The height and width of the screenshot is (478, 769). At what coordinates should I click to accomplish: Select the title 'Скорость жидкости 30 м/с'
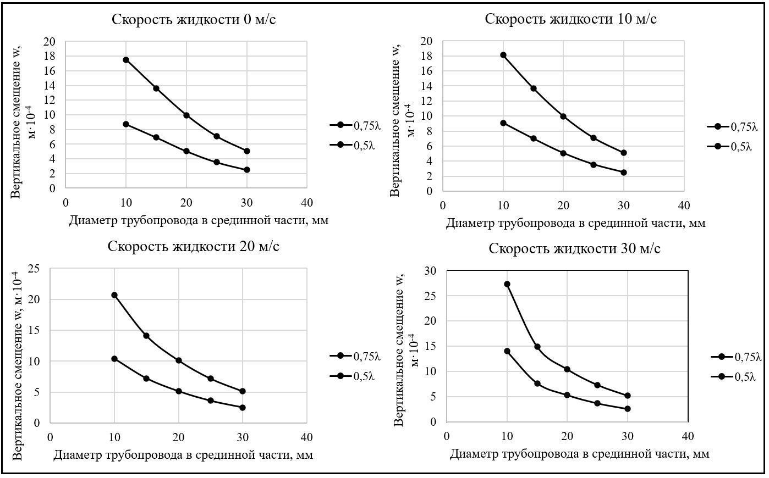[575, 248]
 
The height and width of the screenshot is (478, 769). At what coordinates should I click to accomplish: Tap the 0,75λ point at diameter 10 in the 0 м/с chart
[126, 60]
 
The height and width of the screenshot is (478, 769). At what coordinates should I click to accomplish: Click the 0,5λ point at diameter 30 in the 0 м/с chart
[247, 170]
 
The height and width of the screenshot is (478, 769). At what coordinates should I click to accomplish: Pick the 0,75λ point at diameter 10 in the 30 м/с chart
[507, 284]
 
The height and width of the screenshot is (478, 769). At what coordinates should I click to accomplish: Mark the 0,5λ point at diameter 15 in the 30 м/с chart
[537, 383]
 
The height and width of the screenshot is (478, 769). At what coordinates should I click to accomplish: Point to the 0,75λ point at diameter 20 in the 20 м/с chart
[179, 360]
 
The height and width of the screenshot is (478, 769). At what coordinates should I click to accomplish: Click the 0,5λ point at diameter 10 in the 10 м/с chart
[503, 123]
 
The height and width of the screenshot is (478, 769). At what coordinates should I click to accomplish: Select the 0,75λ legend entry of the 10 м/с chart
[732, 127]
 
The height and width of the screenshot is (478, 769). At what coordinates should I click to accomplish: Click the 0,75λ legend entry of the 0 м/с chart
[355, 125]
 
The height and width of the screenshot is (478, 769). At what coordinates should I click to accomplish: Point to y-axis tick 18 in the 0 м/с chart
[50, 56]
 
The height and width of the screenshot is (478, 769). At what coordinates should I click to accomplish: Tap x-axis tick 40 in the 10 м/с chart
[684, 205]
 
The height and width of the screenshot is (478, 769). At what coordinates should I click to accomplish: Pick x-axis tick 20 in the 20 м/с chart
[179, 437]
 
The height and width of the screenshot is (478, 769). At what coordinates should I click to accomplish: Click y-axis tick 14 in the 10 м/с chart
[427, 86]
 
